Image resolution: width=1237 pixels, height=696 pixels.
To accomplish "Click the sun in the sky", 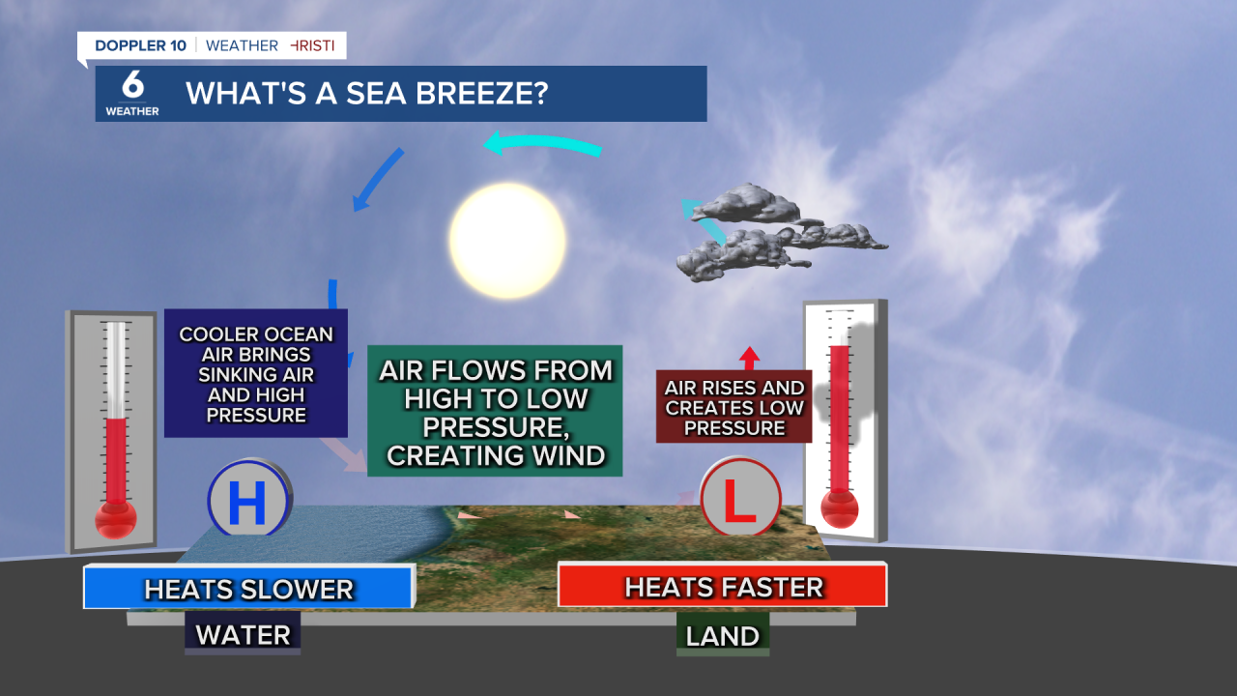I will (506, 241).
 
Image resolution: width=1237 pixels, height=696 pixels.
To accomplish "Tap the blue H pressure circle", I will (248, 500).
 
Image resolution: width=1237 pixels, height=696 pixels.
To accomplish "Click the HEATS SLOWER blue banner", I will (248, 588).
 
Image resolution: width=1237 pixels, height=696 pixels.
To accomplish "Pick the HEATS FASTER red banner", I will (722, 586).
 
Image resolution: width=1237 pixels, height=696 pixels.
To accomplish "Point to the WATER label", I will (243, 635).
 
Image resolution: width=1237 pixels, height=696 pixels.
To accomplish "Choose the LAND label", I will (722, 635).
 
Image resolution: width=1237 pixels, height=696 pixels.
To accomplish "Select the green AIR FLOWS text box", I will (495, 411).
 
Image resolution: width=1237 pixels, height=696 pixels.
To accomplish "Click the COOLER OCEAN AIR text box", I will (256, 374).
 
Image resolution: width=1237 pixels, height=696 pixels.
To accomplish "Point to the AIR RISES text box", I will (734, 407).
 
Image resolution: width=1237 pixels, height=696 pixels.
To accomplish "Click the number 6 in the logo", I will (132, 86).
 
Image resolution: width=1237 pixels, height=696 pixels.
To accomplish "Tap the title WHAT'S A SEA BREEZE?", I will (367, 94).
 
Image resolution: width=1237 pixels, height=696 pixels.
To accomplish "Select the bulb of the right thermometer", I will (839, 507).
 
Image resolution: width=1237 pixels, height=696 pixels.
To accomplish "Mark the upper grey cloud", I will (746, 203).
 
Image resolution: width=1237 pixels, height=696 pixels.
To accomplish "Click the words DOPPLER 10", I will (141, 45).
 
